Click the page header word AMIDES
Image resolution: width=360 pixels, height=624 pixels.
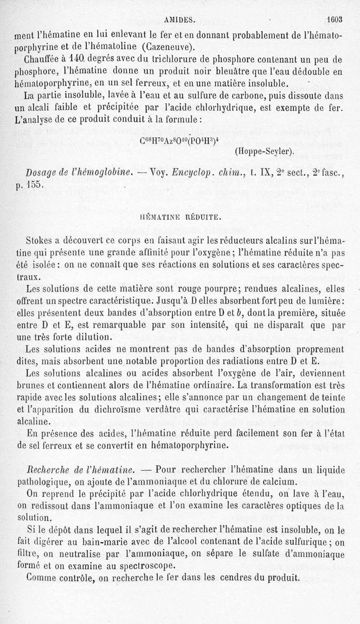click(x=179, y=20)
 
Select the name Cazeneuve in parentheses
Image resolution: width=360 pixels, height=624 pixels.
click(x=166, y=47)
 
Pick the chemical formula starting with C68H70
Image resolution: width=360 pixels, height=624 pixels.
click(x=180, y=139)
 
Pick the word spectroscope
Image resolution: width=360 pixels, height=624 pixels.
click(x=153, y=566)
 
